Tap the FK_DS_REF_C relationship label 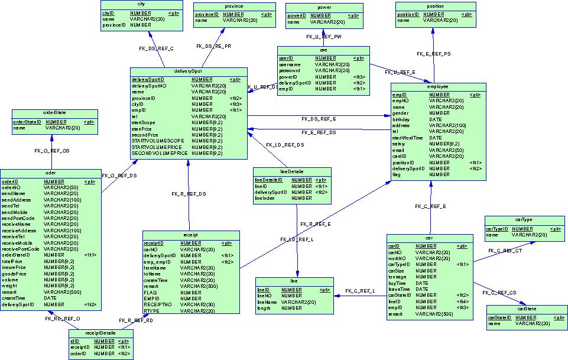coord(156,48)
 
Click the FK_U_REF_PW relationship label coord(323,37)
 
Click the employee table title coord(437,86)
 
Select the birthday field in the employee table coord(402,119)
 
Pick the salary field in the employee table coord(399,144)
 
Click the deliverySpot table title coord(188,71)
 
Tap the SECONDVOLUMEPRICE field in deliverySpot coord(159,153)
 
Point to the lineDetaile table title coord(291,171)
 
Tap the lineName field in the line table coord(267,302)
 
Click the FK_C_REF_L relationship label coord(360,291)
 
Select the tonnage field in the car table coord(397,277)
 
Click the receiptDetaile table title coord(100,333)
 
